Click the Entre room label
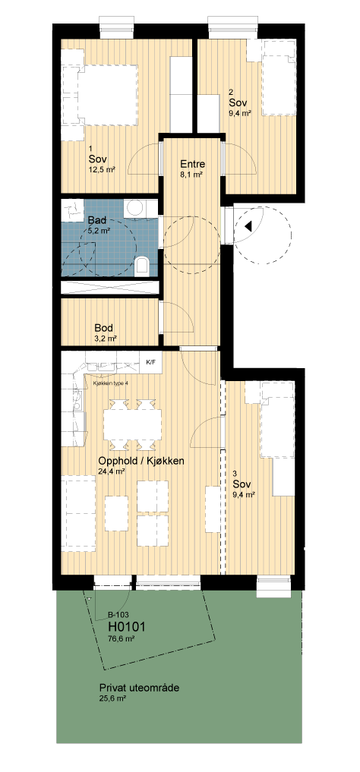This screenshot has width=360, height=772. click(193, 165)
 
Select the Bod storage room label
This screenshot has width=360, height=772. click(104, 328)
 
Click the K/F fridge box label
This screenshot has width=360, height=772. click(150, 362)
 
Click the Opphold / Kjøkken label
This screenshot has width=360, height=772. click(141, 462)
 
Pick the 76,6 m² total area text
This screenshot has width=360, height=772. click(122, 639)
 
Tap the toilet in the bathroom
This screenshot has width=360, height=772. click(143, 266)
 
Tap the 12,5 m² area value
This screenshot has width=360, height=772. click(102, 170)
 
